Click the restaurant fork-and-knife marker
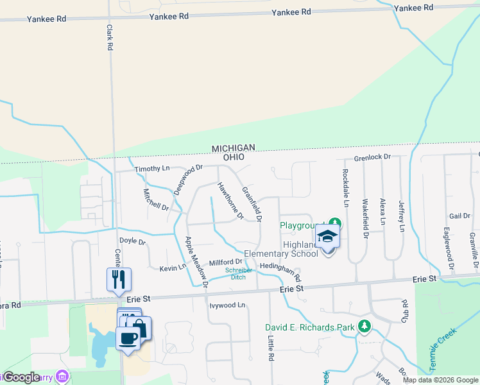(x=119, y=279)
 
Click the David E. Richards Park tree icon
(x=364, y=327)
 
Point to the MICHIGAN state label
(x=234, y=148)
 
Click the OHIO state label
(x=234, y=157)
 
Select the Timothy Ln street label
(x=152, y=169)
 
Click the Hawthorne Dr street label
(x=230, y=201)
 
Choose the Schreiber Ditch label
(x=238, y=274)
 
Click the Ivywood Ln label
(x=227, y=305)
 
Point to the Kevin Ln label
(x=173, y=266)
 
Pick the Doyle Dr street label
(x=133, y=243)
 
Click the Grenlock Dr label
(x=372, y=157)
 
